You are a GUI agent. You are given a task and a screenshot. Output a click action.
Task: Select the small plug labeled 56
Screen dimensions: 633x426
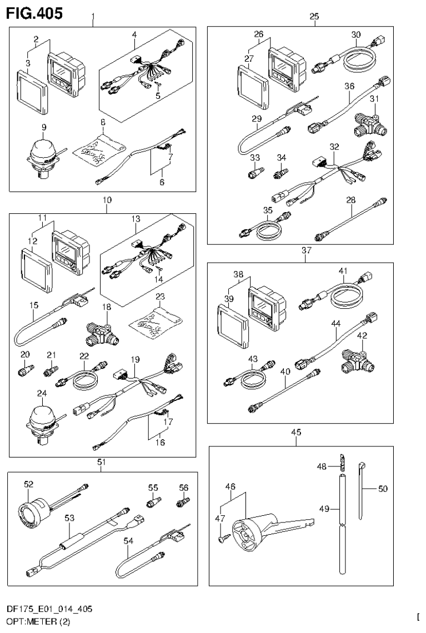tap(181, 503)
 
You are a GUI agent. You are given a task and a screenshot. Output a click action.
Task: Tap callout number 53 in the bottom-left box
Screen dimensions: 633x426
tap(69, 518)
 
